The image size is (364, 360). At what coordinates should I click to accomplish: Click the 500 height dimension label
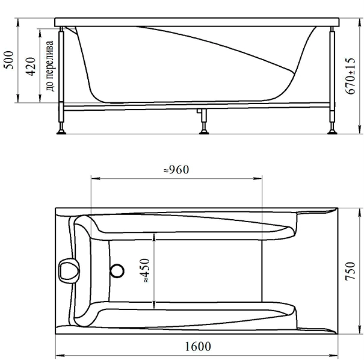point(10,60)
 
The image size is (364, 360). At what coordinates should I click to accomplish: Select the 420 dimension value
point(31,66)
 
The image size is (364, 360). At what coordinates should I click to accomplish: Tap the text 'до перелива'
point(50,66)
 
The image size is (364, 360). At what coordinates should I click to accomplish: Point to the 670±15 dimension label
point(350,76)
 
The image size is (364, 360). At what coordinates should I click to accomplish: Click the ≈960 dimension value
point(176,170)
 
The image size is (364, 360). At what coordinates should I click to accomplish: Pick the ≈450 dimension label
point(144,270)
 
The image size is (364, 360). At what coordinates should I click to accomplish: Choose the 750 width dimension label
point(350,271)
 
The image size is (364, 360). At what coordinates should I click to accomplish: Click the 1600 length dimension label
point(198,346)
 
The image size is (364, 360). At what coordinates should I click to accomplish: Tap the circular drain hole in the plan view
point(117,271)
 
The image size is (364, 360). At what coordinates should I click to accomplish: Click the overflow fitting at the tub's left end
point(69,271)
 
